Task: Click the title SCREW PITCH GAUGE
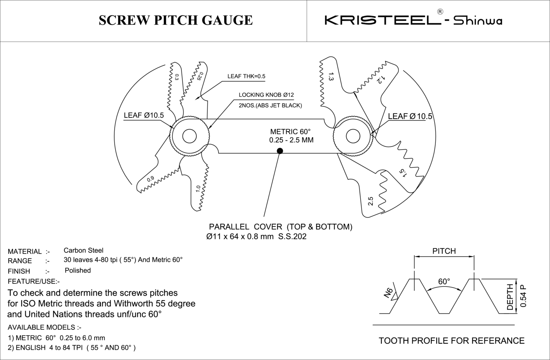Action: point(175,20)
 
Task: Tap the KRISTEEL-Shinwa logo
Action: point(413,20)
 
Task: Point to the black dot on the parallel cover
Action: point(280,151)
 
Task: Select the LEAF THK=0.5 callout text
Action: point(246,76)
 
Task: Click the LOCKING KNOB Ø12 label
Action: point(266,95)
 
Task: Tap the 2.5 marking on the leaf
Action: point(371,201)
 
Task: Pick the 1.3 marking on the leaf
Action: point(331,77)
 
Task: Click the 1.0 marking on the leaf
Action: point(198,188)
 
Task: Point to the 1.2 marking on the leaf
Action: point(380,80)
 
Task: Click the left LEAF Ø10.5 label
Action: point(144,115)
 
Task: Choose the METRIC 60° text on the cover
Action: point(290,131)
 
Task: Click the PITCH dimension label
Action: point(444,251)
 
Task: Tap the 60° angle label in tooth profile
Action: point(444,282)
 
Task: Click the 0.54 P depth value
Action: point(523,296)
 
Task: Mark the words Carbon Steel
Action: point(83,250)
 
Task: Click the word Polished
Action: point(78,270)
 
